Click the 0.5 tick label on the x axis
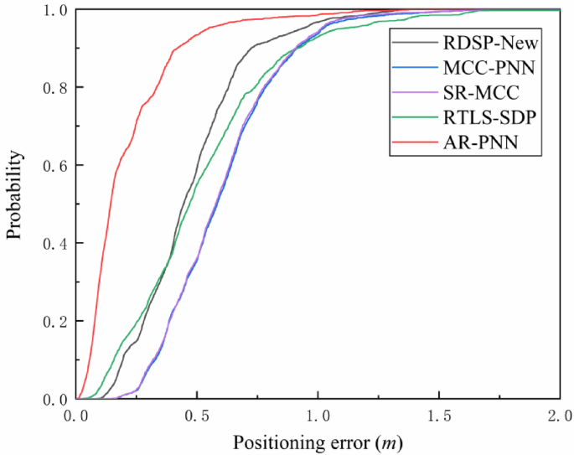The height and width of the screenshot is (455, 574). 197,416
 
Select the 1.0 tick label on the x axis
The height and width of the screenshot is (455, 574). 318,416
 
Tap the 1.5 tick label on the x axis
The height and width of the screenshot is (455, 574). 438,416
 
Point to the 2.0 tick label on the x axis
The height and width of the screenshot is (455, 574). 558,416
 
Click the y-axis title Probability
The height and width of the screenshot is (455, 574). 14,204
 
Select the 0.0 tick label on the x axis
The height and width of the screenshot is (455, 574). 76,416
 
